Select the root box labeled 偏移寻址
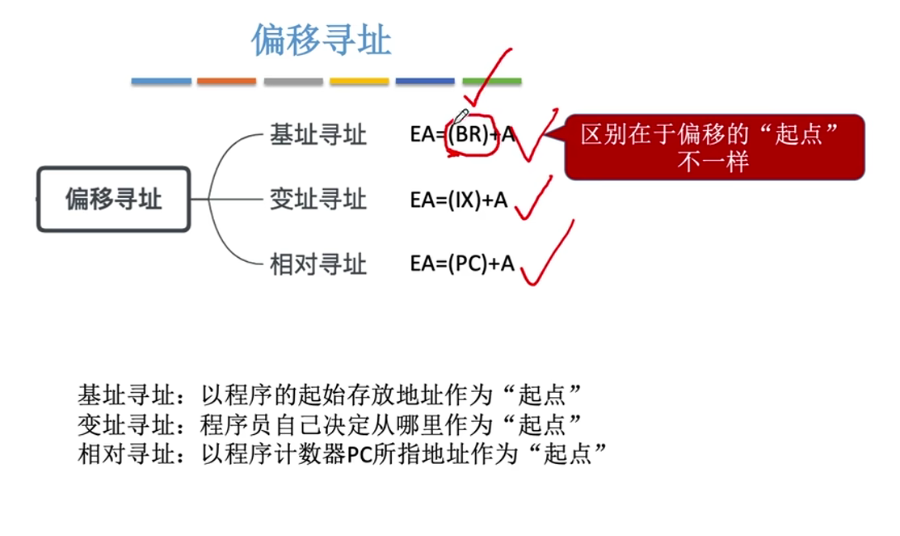point(114,199)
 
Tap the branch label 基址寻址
point(318,135)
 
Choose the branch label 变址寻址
point(318,199)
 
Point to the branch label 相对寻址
point(318,264)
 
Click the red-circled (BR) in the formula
point(468,135)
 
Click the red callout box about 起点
point(714,146)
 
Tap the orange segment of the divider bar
point(226,82)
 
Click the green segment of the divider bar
point(491,82)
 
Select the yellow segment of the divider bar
point(359,82)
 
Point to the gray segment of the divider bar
point(292,82)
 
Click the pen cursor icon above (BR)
point(462,117)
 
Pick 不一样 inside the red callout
point(713,160)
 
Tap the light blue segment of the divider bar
point(162,82)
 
